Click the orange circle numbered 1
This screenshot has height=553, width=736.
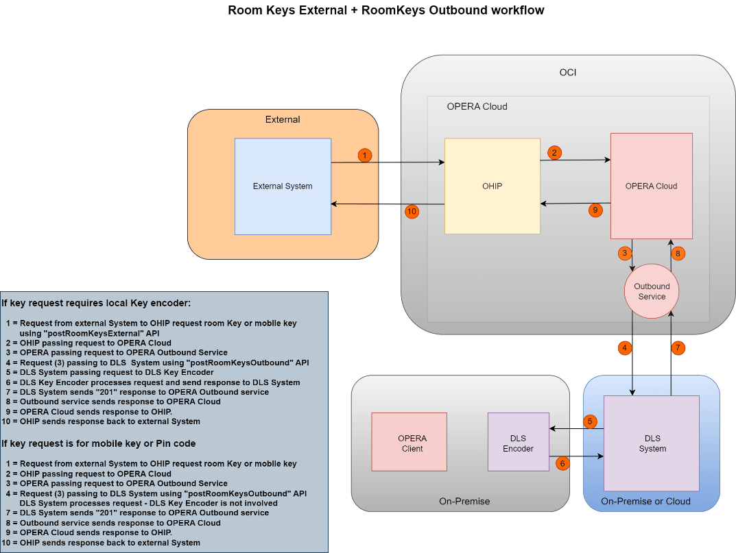tap(365, 156)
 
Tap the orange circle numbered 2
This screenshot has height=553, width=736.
tap(554, 153)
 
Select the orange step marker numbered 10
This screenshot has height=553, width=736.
tap(412, 212)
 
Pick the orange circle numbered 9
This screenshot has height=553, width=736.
tap(595, 210)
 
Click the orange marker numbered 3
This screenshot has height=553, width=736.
tap(624, 253)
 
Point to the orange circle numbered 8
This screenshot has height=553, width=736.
tap(678, 253)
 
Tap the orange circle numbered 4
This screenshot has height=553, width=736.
tap(624, 347)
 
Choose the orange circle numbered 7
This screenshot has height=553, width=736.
tap(678, 347)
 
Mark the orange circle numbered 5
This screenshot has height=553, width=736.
tap(590, 421)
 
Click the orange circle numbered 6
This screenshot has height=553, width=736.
tap(562, 463)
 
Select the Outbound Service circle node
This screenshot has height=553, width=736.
tap(652, 291)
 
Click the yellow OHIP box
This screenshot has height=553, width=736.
tap(492, 186)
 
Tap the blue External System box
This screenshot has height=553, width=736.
tap(283, 186)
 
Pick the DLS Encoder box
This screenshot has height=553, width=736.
tap(519, 441)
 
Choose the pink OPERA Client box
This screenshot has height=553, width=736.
tap(409, 441)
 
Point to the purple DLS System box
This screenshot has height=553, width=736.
tap(652, 443)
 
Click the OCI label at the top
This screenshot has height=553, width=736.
tap(568, 73)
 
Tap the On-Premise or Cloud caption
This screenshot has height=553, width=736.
tap(645, 501)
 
